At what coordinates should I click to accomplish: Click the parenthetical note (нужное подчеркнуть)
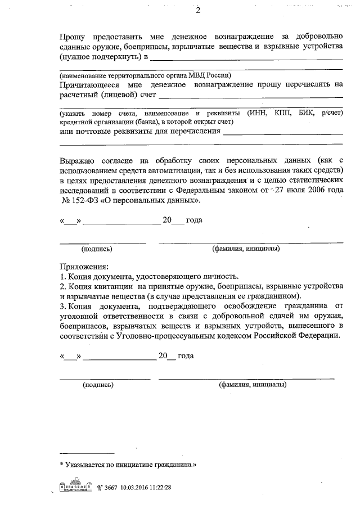coord(98,57)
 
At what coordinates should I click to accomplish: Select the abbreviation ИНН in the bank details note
coord(256,113)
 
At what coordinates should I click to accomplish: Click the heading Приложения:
coord(84,266)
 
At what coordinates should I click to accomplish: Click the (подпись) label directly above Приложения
coord(97,248)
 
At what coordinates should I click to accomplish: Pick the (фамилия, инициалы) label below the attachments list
coord(252,385)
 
